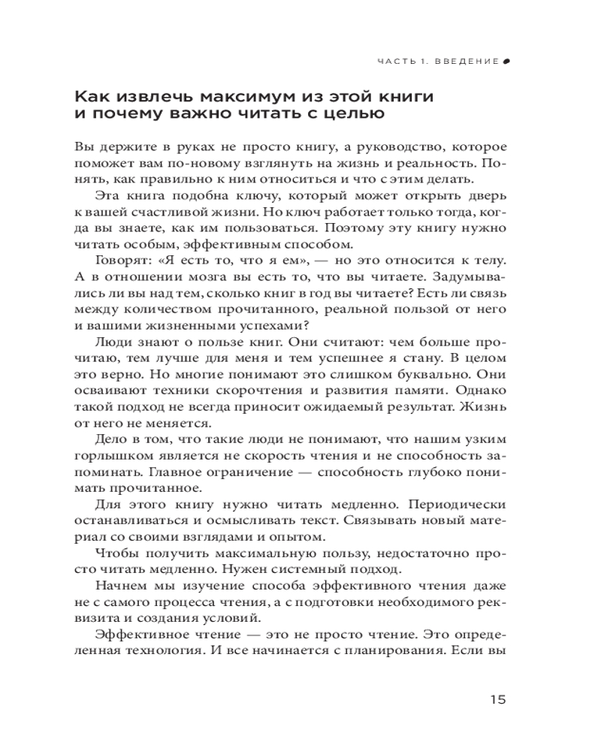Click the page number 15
tap(497, 699)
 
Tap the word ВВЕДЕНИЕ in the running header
tap(467, 62)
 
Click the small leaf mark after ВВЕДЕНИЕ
tap(506, 62)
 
